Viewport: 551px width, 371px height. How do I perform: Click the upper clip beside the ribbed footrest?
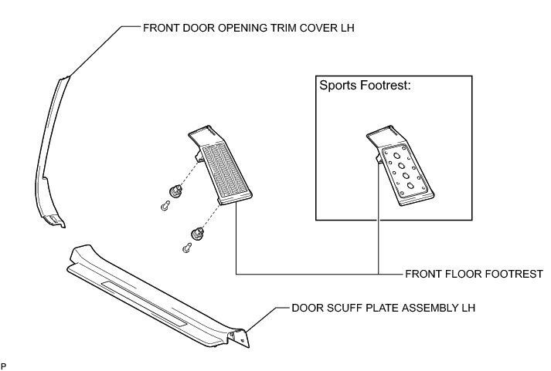tap(175, 191)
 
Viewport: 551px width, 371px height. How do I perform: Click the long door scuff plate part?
tap(155, 293)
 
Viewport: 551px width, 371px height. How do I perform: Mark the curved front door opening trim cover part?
tap(46, 154)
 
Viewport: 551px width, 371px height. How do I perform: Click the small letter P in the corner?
tap(4, 363)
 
